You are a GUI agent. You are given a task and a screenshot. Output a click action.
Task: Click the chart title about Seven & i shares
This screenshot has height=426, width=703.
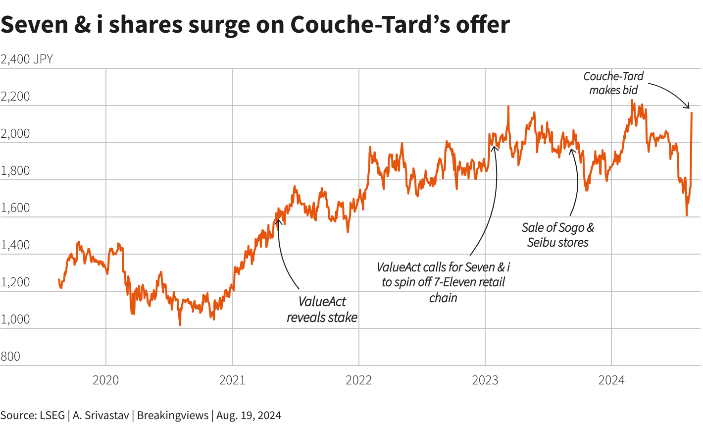255,25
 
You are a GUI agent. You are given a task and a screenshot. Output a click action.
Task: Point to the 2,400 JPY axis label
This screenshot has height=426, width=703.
27,59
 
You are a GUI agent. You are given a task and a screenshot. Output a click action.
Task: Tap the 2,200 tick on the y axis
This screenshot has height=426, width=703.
15,97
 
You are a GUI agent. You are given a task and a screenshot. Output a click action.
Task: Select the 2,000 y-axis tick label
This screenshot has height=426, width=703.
15,134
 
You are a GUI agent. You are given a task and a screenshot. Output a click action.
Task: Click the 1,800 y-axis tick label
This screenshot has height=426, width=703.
15,171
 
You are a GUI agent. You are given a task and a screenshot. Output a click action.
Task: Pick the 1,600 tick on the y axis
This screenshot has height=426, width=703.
15,208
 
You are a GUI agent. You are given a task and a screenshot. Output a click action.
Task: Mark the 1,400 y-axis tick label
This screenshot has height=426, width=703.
15,245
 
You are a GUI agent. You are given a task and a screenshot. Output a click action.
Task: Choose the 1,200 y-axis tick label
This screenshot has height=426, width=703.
15,282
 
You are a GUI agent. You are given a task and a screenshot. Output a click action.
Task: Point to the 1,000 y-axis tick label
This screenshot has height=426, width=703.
15,319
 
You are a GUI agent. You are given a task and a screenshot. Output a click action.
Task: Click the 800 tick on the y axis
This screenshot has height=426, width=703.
10,357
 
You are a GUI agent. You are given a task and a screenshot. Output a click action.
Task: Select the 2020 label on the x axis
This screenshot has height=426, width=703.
106,380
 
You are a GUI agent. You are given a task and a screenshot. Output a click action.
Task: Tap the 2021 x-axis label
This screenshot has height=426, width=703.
232,380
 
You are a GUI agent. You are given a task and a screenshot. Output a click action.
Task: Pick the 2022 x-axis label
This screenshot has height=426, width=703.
358,380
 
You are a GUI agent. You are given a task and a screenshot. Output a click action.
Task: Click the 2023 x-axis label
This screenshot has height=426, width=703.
485,380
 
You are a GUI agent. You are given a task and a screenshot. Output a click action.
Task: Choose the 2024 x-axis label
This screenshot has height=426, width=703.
611,380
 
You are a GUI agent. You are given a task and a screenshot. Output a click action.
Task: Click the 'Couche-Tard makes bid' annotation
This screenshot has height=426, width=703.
613,83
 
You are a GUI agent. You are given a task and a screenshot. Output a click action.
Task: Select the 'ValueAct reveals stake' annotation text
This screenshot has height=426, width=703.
322,310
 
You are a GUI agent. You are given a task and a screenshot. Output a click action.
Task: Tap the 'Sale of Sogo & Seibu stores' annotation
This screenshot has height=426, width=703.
558,235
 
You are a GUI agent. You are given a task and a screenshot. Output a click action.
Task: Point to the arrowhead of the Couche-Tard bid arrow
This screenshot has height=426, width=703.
688,106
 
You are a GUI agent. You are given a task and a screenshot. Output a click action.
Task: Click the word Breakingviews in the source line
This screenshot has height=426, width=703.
173,415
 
